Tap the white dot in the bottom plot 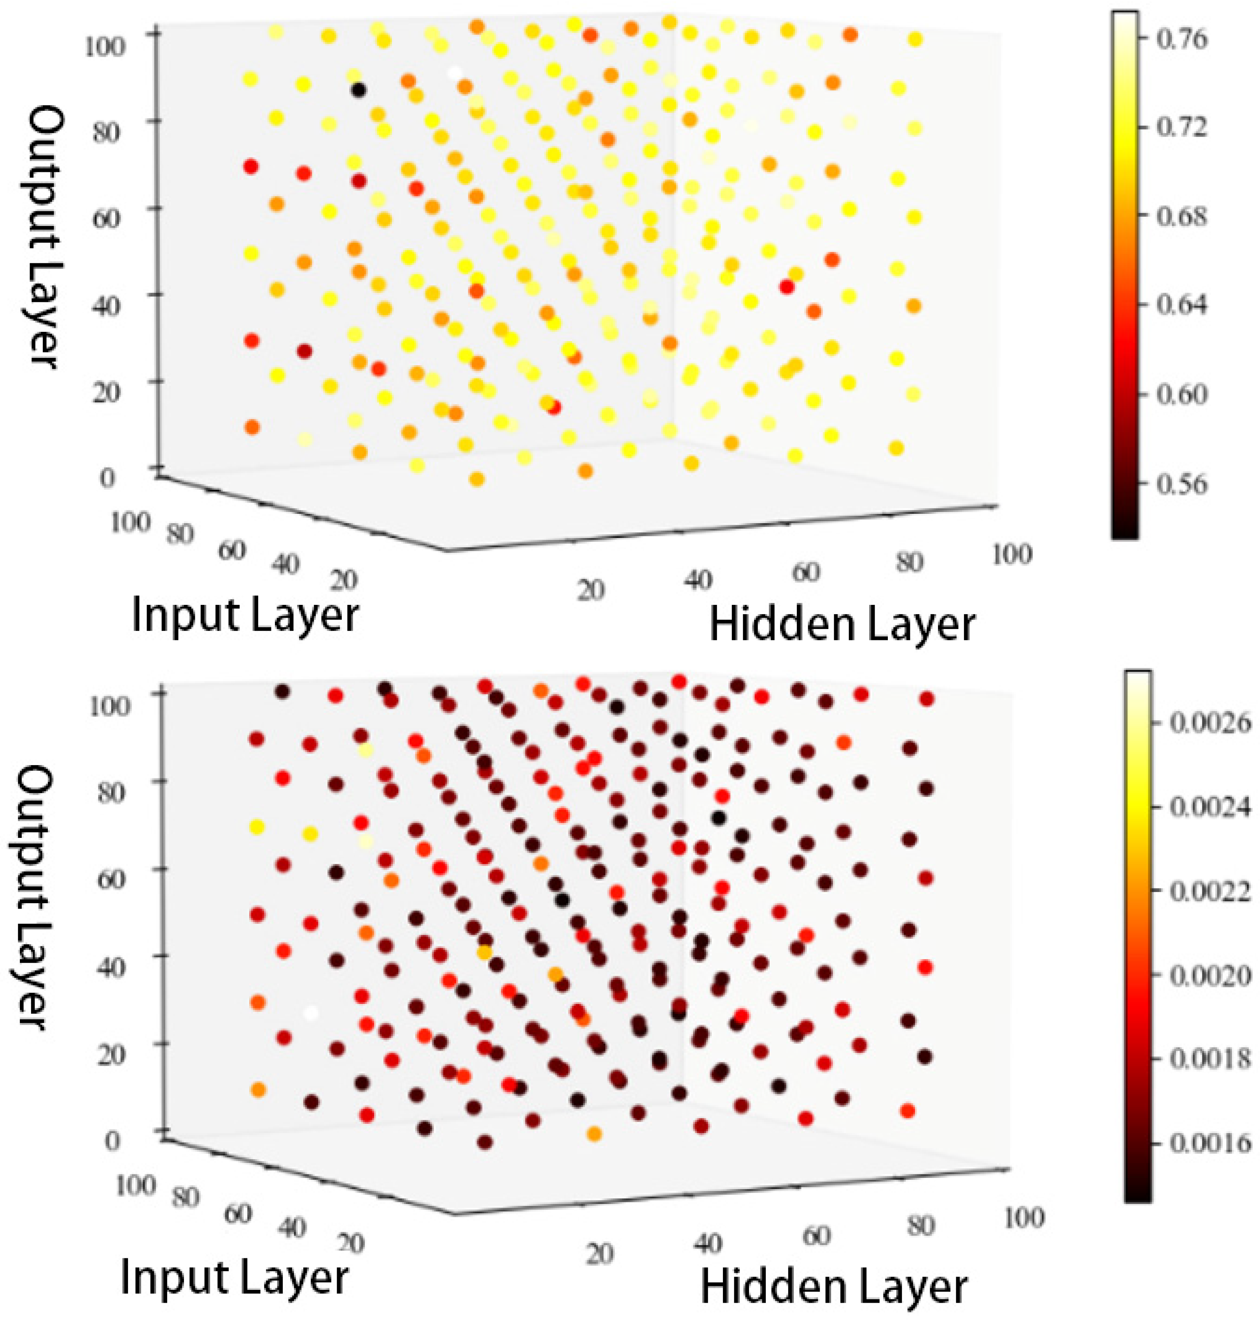pos(310,1013)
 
